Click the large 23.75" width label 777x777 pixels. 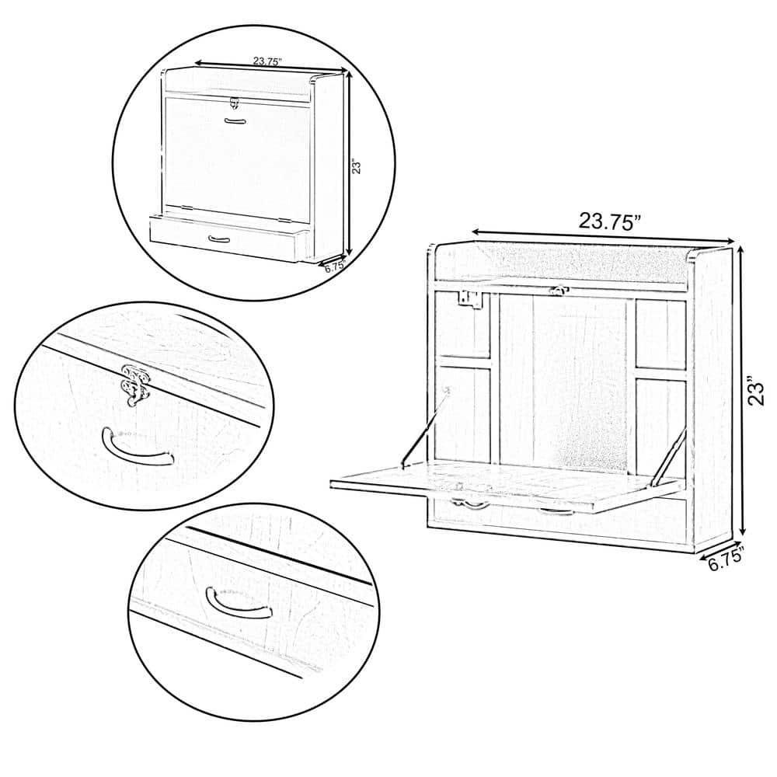pos(609,220)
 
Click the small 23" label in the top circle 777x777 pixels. pos(357,167)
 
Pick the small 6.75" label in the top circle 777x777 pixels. pos(333,266)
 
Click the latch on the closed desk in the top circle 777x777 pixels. pos(234,102)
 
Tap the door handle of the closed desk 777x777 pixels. pos(234,120)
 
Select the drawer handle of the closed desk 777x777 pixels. pos(220,239)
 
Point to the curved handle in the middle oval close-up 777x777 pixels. pos(138,448)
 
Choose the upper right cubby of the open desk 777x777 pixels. pos(660,333)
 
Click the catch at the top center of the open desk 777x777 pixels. pos(556,291)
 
